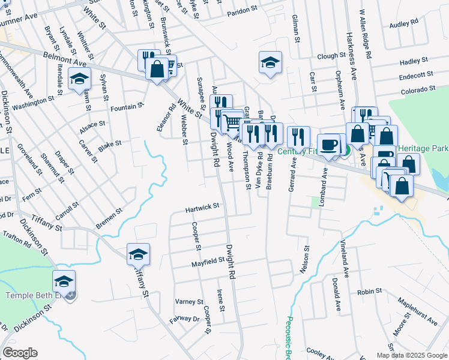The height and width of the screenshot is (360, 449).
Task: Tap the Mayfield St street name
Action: tap(208, 262)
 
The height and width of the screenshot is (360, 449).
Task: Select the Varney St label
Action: tap(190, 301)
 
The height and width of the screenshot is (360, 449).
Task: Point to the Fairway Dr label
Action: tap(184, 319)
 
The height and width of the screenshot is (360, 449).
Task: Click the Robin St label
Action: tap(369, 292)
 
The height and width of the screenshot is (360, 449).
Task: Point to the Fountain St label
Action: tap(127, 107)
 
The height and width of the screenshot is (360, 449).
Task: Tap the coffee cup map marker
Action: tap(328, 145)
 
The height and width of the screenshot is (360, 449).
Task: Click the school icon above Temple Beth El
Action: tap(64, 281)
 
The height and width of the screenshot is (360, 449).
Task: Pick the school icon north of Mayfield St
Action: tap(138, 254)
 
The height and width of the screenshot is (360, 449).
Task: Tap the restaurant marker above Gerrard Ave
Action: tap(298, 137)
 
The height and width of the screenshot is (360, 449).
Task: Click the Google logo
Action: tap(20, 353)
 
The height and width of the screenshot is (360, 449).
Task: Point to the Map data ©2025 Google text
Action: tap(411, 355)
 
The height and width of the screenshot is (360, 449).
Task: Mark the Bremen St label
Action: tap(109, 215)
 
